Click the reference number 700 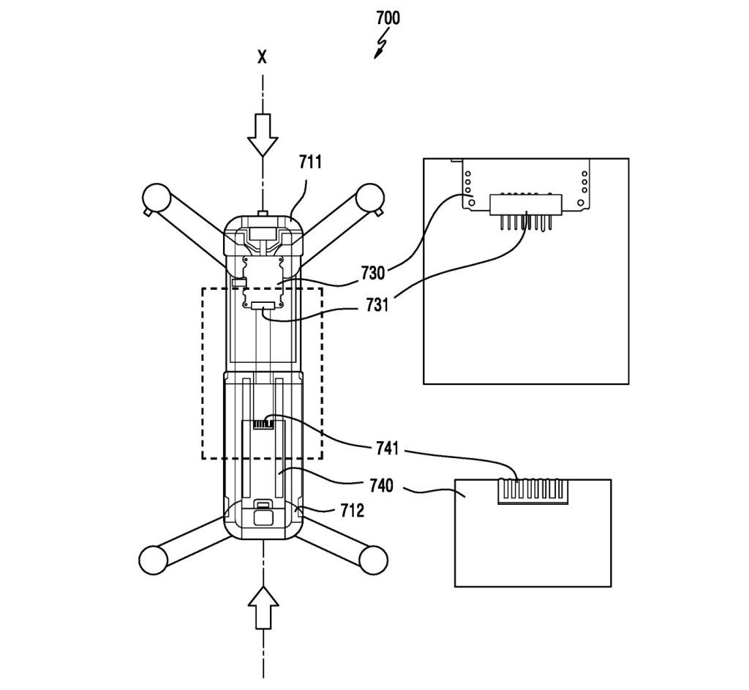(x=388, y=18)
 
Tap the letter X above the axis (x=262, y=58)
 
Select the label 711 (x=310, y=162)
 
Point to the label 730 (x=372, y=274)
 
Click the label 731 (x=377, y=305)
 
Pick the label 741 (x=387, y=449)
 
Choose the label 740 (x=381, y=486)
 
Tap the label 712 (x=352, y=510)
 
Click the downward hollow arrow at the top (x=263, y=135)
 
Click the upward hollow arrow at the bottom (x=263, y=608)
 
